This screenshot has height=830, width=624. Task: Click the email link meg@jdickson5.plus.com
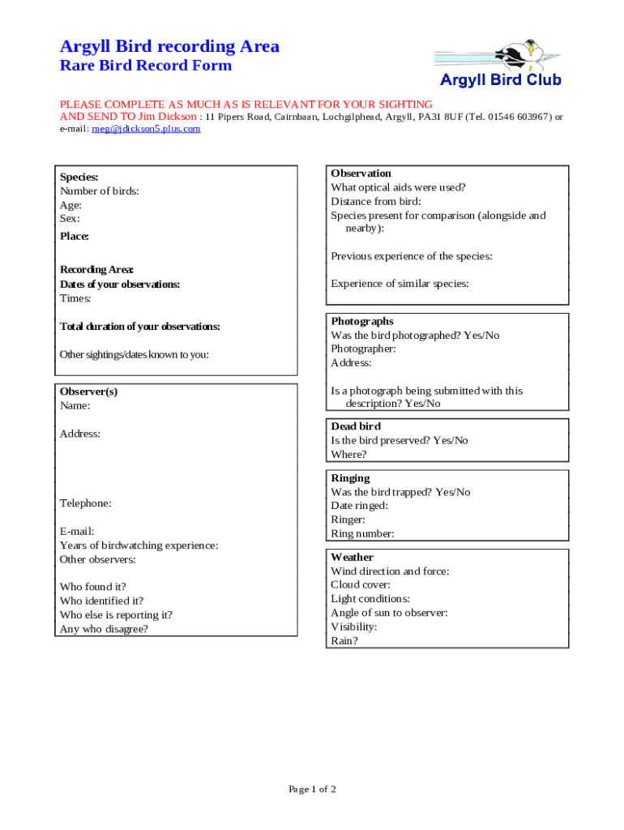(x=146, y=128)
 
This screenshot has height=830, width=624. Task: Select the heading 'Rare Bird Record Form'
(x=146, y=66)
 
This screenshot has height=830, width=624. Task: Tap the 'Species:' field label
(x=79, y=177)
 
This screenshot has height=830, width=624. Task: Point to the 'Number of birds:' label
(x=100, y=191)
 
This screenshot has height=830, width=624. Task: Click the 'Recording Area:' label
(x=96, y=270)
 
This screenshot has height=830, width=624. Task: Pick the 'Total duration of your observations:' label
(x=140, y=327)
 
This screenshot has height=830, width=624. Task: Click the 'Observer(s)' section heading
(x=88, y=391)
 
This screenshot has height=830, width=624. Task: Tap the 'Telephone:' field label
(x=86, y=503)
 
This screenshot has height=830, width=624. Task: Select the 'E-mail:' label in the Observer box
(x=77, y=532)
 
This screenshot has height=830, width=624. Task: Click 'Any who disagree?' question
(x=104, y=629)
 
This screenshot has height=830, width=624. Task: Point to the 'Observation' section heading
(x=361, y=173)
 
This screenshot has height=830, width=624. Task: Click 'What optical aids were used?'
(x=398, y=187)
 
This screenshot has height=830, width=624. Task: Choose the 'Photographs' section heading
(x=362, y=322)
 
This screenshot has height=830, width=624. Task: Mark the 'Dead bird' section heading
(x=356, y=426)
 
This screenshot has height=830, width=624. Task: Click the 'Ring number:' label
(x=362, y=533)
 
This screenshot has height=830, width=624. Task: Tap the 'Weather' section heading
(x=352, y=558)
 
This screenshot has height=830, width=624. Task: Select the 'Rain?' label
(x=344, y=640)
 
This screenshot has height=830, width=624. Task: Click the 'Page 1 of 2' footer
(x=312, y=789)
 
